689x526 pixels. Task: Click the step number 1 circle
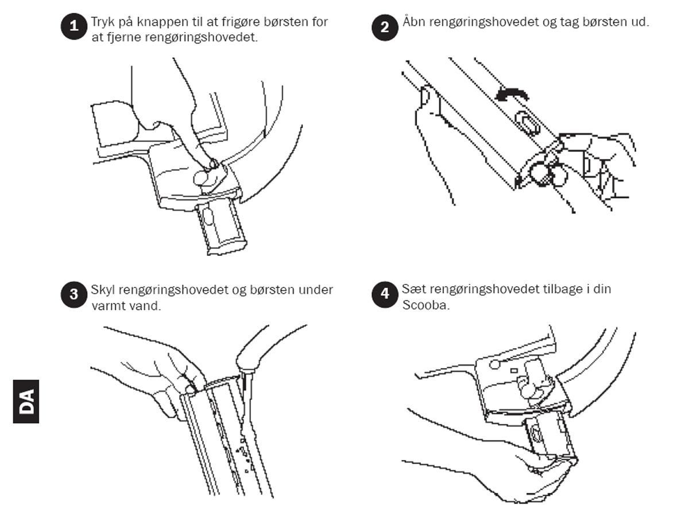pyautogui.click(x=73, y=26)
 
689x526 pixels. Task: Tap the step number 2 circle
pyautogui.click(x=385, y=28)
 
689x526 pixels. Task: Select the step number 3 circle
pyautogui.click(x=73, y=294)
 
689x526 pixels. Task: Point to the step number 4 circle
pyautogui.click(x=385, y=294)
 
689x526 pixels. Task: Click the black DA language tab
pyautogui.click(x=26, y=401)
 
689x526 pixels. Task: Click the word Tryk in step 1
pyautogui.click(x=103, y=22)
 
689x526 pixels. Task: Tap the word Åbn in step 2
pyautogui.click(x=414, y=21)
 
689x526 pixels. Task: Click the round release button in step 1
pyautogui.click(x=202, y=178)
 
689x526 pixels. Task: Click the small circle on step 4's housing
pyautogui.click(x=495, y=364)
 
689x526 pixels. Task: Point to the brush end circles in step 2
pyautogui.click(x=548, y=174)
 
